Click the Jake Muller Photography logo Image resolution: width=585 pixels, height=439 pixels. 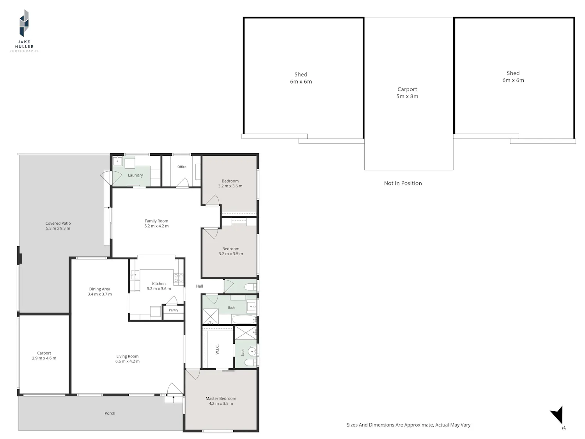tap(24, 31)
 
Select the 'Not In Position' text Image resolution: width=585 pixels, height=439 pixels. tap(403, 183)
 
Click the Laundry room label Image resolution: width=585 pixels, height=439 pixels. tap(135, 175)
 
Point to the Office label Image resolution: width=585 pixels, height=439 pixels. tap(182, 167)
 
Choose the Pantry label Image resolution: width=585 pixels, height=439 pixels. tap(173, 310)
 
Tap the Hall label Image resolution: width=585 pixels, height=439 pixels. tap(199, 286)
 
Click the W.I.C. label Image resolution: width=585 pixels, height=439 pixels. tap(217, 349)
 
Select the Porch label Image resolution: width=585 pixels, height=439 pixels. tap(110, 413)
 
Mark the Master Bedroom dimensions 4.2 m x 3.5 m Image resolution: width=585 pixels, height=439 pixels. tap(221, 403)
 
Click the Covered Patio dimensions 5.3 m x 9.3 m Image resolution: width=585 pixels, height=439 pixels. tap(58, 228)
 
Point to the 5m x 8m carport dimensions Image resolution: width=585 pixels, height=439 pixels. tap(407, 96)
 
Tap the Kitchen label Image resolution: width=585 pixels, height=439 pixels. tap(159, 284)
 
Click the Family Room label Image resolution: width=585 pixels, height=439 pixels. tap(156, 221)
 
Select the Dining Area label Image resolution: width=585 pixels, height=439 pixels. tap(100, 289)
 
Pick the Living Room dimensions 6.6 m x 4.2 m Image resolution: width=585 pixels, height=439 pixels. tap(128, 361)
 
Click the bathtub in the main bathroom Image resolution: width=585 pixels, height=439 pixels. tap(244, 319)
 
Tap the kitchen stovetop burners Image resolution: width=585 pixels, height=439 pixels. tap(178, 278)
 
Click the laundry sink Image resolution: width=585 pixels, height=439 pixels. tap(117, 161)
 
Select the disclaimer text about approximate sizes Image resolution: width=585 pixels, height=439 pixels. tap(408, 425)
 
